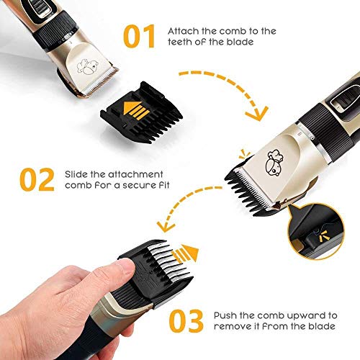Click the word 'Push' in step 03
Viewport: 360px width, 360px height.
pyautogui.click(x=226, y=315)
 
